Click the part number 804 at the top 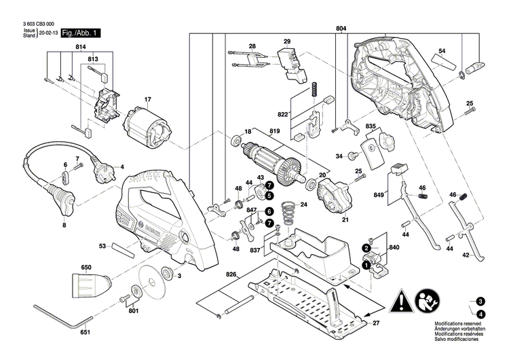click(x=341, y=29)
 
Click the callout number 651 click(x=85, y=334)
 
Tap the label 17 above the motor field click(x=146, y=101)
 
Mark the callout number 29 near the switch click(x=286, y=42)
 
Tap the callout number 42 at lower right click(x=466, y=255)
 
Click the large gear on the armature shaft click(x=293, y=166)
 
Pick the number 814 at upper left click(x=81, y=46)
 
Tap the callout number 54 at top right click(x=441, y=52)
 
